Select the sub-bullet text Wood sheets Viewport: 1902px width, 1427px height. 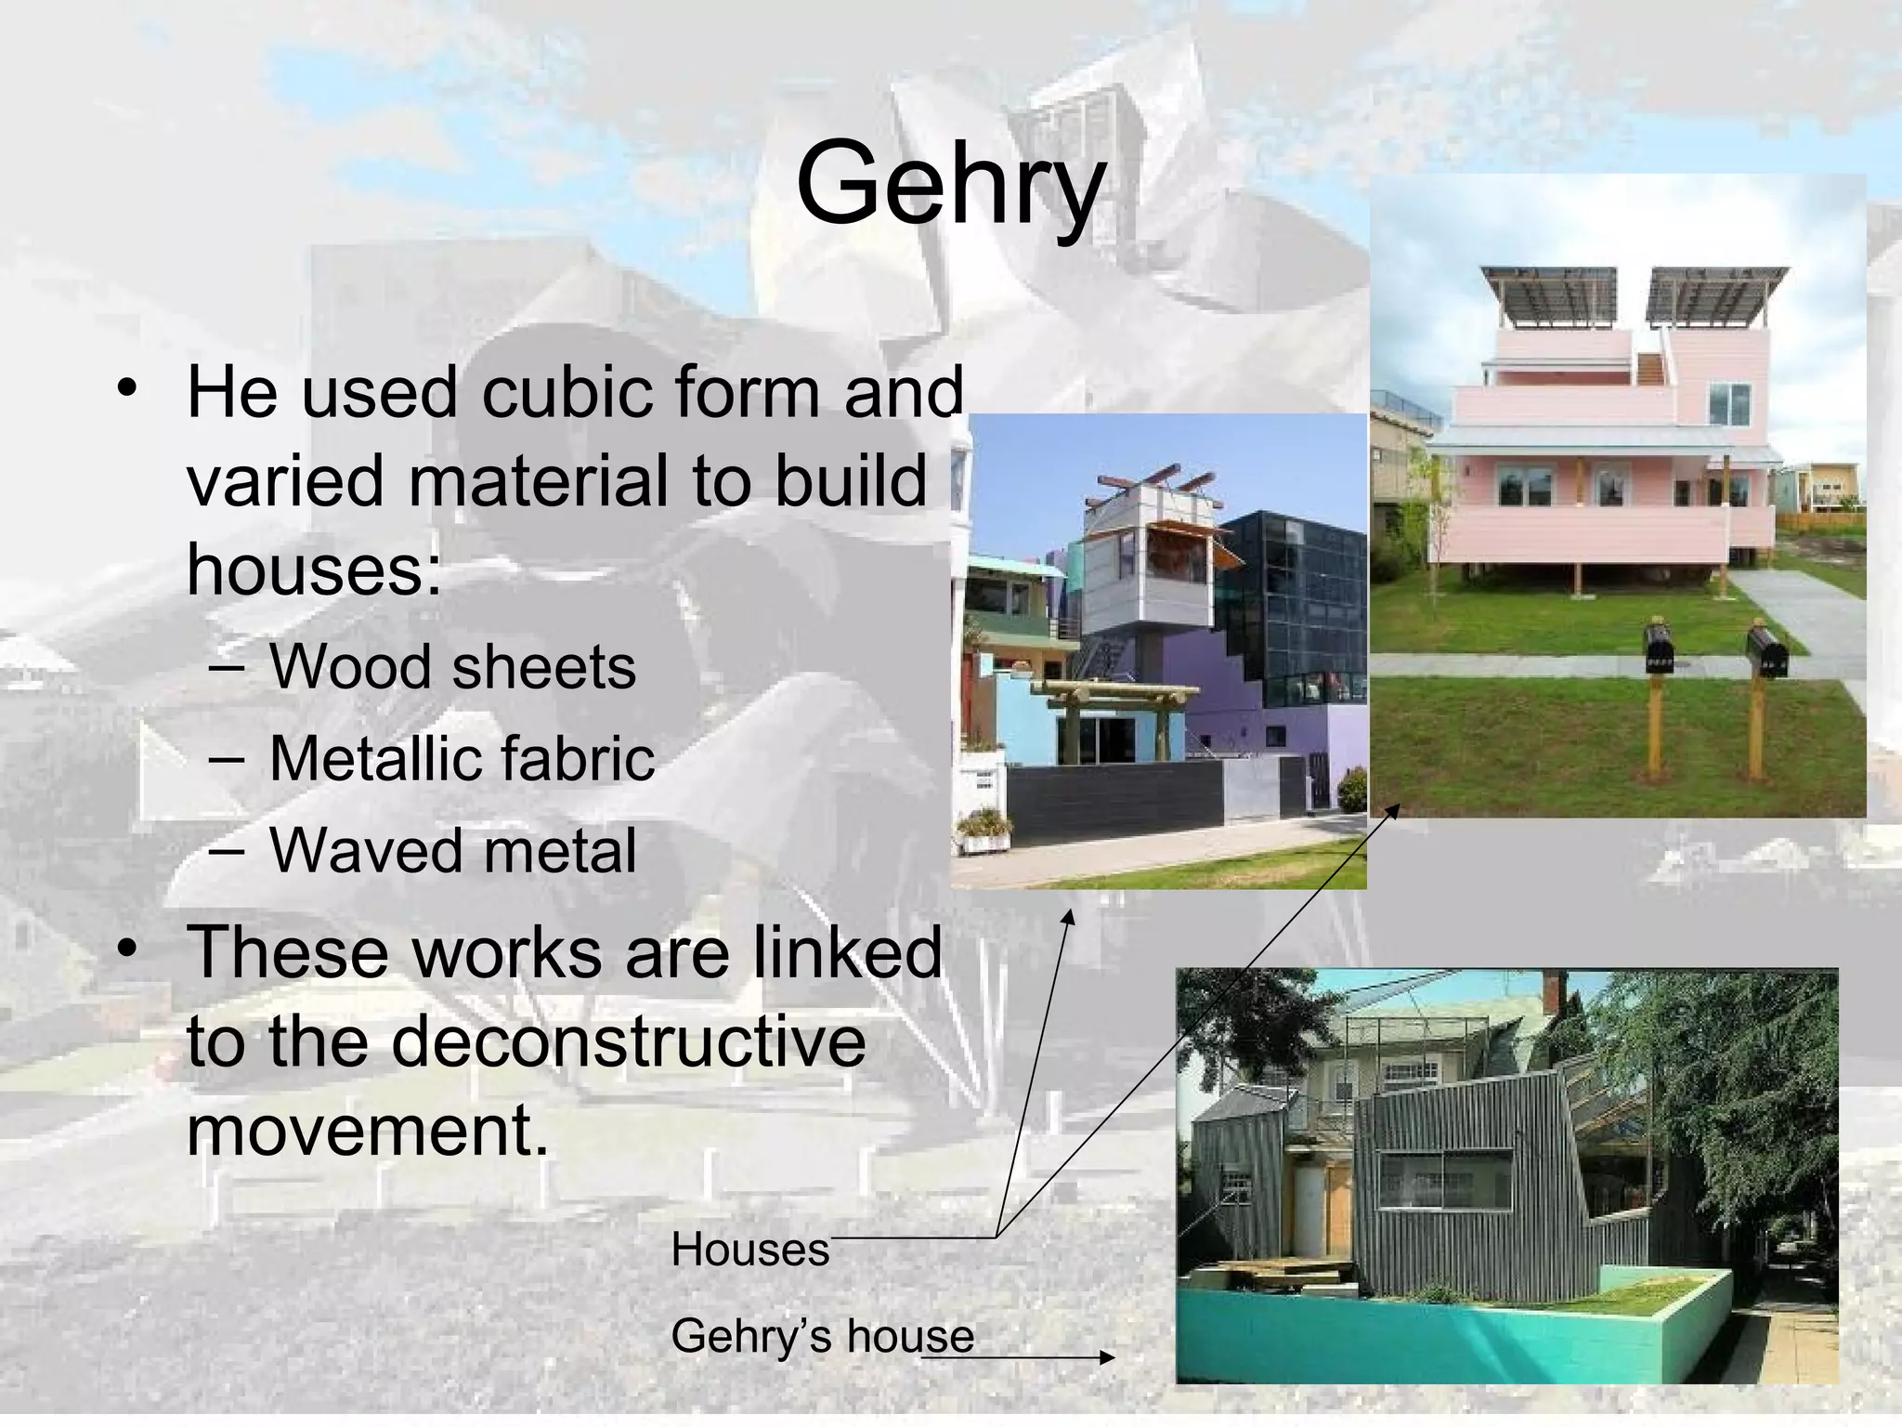pyautogui.click(x=452, y=667)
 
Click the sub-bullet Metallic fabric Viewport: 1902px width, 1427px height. pyautogui.click(x=462, y=758)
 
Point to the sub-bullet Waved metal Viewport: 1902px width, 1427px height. pyautogui.click(x=452, y=850)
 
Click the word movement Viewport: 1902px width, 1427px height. pyautogui.click(x=368, y=1131)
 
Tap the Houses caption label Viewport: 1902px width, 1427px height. pyautogui.click(x=749, y=1250)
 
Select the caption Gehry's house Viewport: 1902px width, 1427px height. pyautogui.click(x=822, y=1337)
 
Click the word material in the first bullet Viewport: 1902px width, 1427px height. pyautogui.click(x=540, y=481)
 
